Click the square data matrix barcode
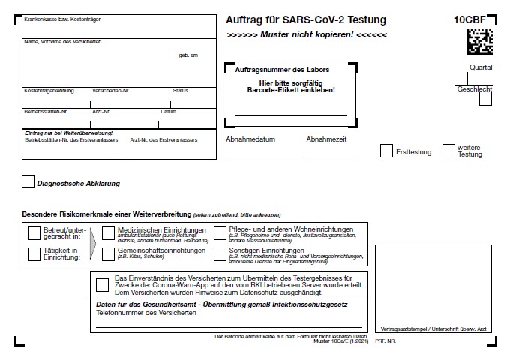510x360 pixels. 480,42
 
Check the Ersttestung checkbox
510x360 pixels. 386,151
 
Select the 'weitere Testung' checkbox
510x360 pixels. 448,151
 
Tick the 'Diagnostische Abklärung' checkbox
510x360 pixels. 28,181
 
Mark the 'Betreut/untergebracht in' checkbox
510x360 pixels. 34,233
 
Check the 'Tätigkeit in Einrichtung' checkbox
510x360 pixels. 34,253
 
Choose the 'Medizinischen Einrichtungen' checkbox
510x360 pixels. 109,233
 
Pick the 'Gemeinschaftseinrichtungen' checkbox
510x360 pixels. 109,253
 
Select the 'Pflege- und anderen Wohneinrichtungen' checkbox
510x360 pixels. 220,233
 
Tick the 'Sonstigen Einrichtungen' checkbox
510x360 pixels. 220,253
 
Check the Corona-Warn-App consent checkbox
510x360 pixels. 103,284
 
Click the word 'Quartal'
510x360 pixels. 480,67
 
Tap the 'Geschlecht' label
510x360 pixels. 474,89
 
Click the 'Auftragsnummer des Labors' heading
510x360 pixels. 282,69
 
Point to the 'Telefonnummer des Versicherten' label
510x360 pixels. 146,313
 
